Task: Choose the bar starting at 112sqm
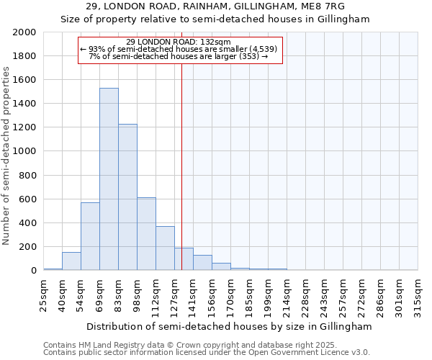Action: [x=165, y=248]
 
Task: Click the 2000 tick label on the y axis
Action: [x=24, y=32]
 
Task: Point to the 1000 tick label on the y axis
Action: [x=24, y=151]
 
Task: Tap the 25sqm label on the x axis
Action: [x=43, y=292]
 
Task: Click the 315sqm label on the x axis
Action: [x=418, y=294]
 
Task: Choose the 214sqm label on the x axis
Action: [x=287, y=294]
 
